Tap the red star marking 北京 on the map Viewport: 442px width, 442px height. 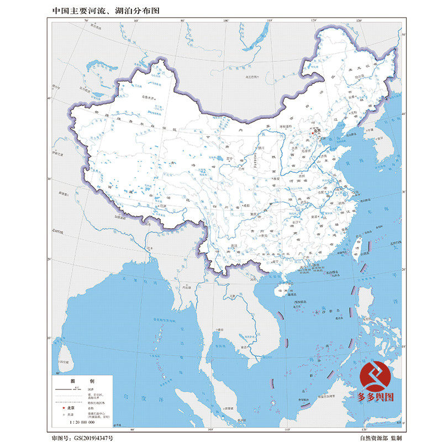312,133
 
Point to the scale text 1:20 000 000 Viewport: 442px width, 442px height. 82,422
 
